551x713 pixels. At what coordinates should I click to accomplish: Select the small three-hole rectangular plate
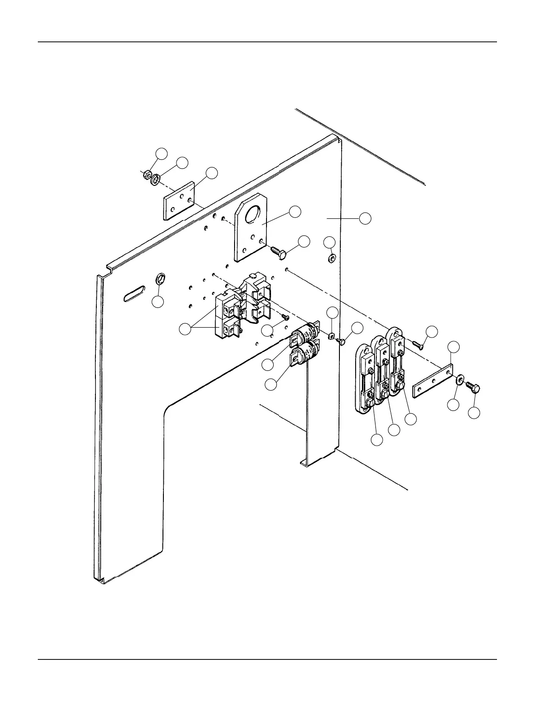click(178, 201)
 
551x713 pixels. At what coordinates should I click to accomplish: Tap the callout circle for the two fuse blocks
click(185, 329)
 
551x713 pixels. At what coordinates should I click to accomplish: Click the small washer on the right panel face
click(332, 258)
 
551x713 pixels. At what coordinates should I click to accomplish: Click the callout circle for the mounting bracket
click(295, 212)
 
